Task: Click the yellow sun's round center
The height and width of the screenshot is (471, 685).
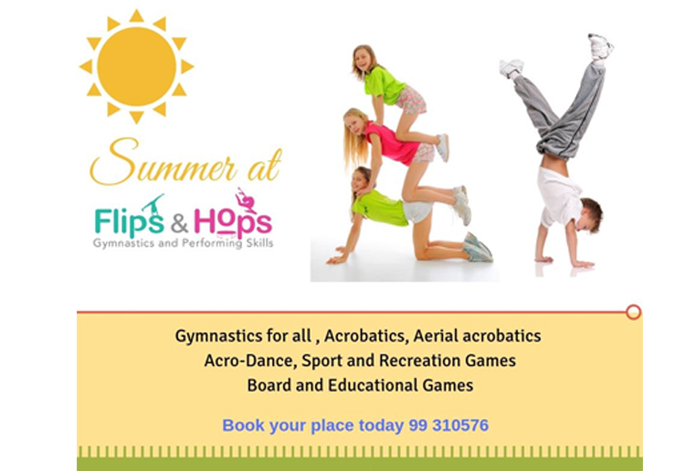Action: pos(136,67)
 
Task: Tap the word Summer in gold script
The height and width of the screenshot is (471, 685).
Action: pos(163,163)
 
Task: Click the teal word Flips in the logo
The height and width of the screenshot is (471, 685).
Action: pos(129,219)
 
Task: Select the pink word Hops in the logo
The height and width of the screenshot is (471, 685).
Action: pos(233,220)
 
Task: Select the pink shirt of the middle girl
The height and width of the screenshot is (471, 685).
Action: pos(391,143)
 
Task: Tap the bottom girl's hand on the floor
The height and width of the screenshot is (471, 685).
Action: pos(337,260)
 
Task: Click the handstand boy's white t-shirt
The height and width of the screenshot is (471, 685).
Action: pos(559,196)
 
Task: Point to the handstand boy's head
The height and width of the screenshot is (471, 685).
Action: pos(590,215)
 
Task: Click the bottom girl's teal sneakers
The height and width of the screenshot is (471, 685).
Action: pos(478,248)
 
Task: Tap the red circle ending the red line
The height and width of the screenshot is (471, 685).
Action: pos(633,312)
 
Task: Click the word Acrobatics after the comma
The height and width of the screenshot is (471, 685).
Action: pos(366,337)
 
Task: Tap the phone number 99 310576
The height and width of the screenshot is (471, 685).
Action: pos(448,425)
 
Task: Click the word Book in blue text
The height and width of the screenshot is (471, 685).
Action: pos(243,425)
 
